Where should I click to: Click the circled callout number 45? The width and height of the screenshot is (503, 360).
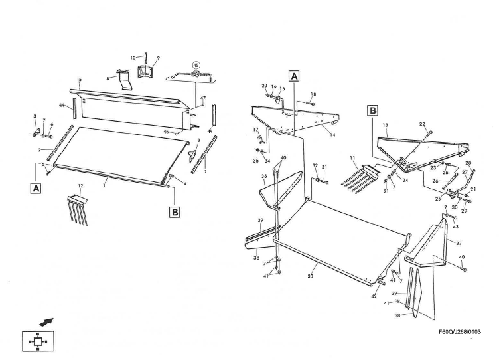tap(196, 65)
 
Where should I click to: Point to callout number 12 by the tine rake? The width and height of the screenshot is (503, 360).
tap(80, 185)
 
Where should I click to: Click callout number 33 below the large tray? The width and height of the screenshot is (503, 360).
tap(310, 276)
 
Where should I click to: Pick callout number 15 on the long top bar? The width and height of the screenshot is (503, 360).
tap(79, 80)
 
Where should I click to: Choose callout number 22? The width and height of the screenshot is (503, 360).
tap(422, 124)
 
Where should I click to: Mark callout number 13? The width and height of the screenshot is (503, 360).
tap(385, 125)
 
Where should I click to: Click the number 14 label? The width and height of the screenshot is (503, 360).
tap(333, 135)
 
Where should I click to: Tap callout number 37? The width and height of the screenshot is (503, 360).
tap(459, 243)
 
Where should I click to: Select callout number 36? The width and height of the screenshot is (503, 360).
tap(263, 177)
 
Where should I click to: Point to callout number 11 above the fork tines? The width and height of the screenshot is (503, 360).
tap(354, 158)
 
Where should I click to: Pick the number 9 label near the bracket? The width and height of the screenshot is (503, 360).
tap(158, 58)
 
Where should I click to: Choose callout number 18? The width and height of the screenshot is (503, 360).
tap(313, 95)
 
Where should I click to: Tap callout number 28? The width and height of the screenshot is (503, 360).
tap(468, 163)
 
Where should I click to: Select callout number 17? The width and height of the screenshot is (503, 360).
tap(255, 129)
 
